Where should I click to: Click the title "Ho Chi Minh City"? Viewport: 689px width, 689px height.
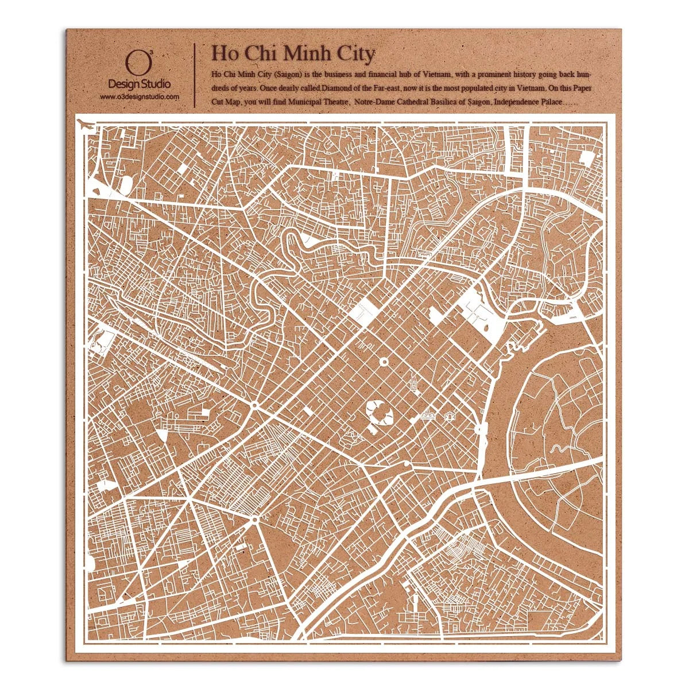coord(293,53)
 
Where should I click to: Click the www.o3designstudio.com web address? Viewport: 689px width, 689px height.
coord(140,97)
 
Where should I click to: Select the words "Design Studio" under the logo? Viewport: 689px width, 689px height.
coord(140,84)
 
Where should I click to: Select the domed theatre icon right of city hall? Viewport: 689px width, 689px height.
coord(450,416)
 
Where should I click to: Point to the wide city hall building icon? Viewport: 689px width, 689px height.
coord(428,415)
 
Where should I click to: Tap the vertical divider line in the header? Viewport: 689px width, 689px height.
coord(195,75)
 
